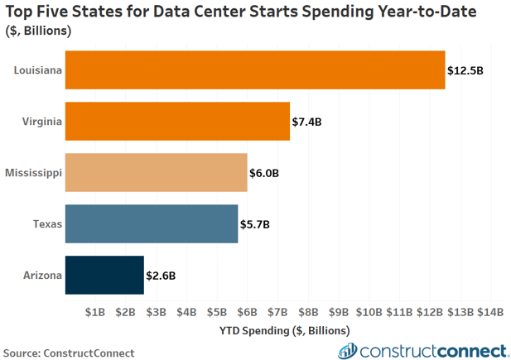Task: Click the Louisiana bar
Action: point(255,70)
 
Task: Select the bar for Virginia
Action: point(177,122)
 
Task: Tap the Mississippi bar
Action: point(156,173)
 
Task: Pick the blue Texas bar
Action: point(152,223)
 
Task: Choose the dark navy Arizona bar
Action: point(104,275)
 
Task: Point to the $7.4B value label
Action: point(306,122)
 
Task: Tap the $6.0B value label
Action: point(264,174)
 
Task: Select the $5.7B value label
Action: point(255,224)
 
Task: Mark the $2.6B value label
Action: point(161,276)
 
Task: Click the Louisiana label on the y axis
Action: point(37,70)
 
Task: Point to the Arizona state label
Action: point(42,276)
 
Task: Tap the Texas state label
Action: point(47,224)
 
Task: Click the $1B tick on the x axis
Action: point(95,312)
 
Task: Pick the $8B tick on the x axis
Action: point(308,312)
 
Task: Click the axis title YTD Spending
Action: point(284,329)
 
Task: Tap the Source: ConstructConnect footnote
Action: point(69,353)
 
